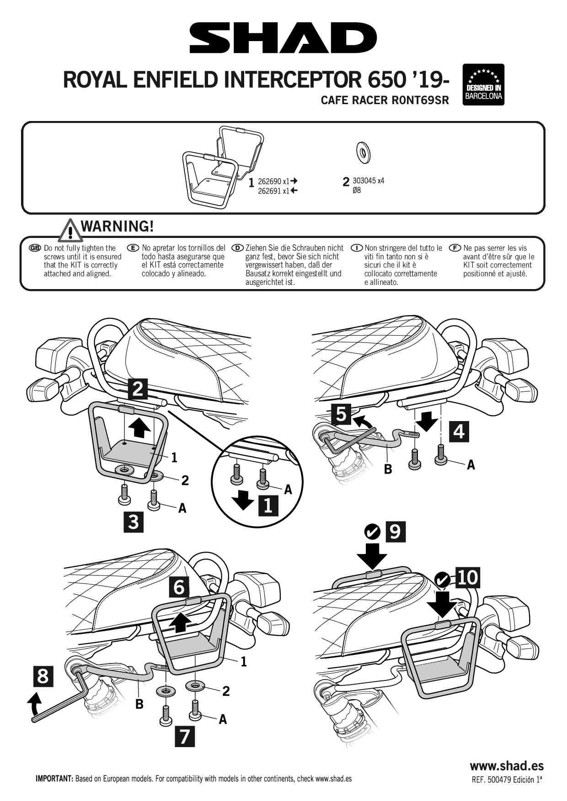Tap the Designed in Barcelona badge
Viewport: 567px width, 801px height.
(x=483, y=84)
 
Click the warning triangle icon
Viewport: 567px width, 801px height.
(x=70, y=230)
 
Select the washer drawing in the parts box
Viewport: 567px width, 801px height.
(x=363, y=152)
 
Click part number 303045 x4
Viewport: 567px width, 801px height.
(x=368, y=181)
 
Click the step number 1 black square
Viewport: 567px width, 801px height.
(x=268, y=506)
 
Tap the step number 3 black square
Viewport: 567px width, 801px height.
(x=134, y=522)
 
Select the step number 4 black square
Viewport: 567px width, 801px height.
(x=459, y=431)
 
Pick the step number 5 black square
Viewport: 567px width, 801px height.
(x=341, y=414)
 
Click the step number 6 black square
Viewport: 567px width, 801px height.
(x=179, y=587)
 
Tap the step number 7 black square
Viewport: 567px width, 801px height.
(x=185, y=737)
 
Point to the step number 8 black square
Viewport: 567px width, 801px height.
(x=43, y=676)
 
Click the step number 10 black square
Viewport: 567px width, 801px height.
(x=467, y=578)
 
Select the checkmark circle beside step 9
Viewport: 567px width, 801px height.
(x=373, y=532)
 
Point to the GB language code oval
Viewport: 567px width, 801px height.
(x=35, y=248)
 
